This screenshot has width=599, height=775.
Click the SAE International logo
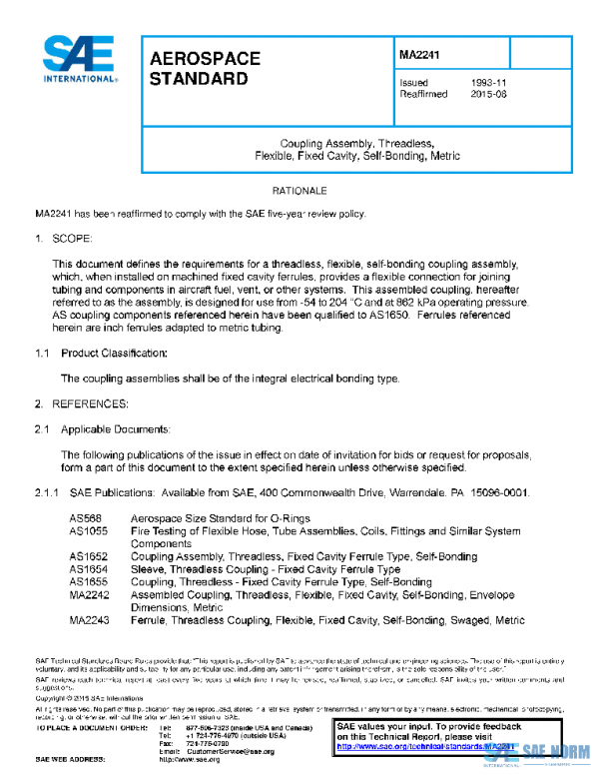tap(77, 59)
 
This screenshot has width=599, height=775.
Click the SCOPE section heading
tap(71, 239)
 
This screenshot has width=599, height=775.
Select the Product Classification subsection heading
tap(114, 354)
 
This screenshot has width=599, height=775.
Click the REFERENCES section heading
tap(89, 403)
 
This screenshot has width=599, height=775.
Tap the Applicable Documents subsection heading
tap(116, 428)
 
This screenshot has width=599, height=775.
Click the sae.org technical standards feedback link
tap(429, 746)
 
